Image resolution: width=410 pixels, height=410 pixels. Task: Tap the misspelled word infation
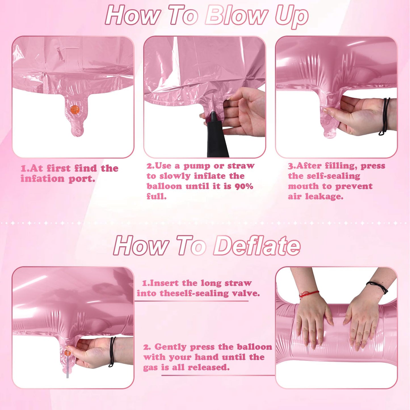tap(42, 178)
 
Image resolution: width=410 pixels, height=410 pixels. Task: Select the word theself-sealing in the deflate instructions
tap(195, 293)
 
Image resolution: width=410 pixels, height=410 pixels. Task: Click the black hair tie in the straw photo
tap(112, 352)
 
